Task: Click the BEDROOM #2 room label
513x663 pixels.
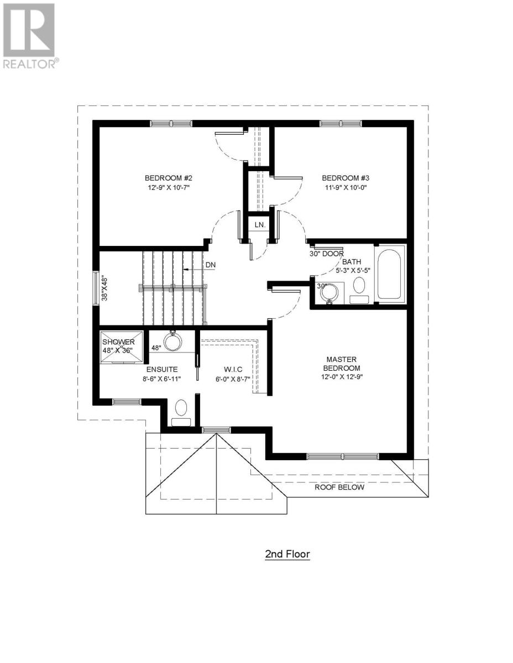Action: (168, 178)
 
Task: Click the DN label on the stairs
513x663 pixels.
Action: (210, 265)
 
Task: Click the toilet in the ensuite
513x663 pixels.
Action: (181, 412)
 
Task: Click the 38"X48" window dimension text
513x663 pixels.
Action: (105, 288)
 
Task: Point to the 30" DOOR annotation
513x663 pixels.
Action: (326, 254)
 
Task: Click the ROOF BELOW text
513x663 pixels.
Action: (339, 487)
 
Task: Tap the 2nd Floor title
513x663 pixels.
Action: (287, 554)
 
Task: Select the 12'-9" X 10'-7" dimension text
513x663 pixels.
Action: (168, 188)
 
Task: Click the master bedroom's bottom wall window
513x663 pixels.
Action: (343, 456)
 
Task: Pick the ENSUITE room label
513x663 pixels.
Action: (161, 369)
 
